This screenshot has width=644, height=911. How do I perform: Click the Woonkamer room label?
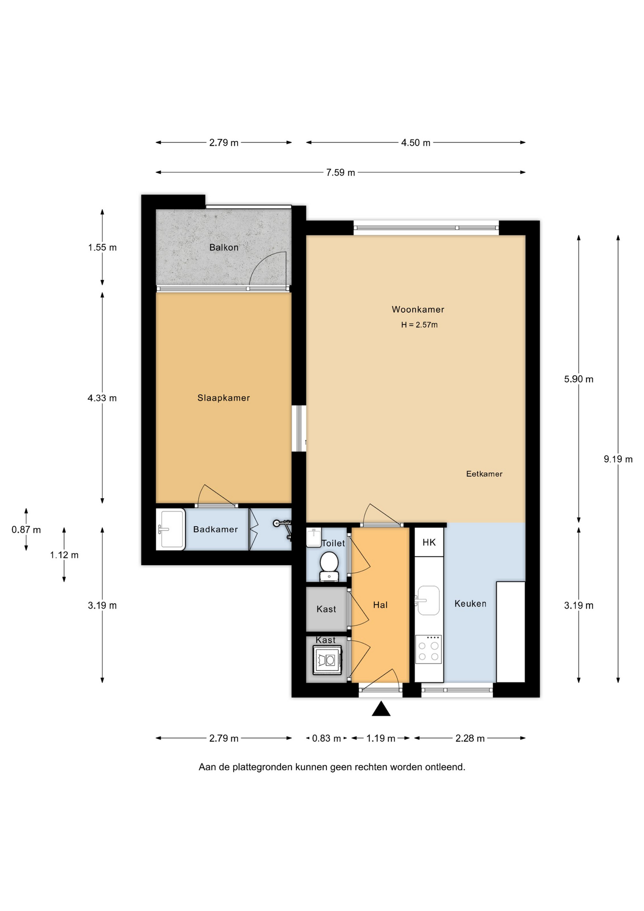point(418,309)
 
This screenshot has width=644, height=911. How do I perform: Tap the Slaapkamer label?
point(223,398)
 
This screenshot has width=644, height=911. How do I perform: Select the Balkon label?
point(224,247)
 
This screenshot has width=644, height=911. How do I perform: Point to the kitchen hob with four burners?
point(428,649)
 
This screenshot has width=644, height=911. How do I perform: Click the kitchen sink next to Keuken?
point(428,600)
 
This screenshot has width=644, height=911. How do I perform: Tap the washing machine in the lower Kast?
point(327,660)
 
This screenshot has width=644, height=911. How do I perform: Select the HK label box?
point(429,542)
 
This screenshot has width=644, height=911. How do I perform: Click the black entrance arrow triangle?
point(381,708)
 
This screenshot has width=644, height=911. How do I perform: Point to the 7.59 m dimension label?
point(340,172)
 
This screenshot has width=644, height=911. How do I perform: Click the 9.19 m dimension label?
point(618,459)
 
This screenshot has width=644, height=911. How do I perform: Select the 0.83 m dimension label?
point(326,738)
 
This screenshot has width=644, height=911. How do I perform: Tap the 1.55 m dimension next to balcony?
point(102,247)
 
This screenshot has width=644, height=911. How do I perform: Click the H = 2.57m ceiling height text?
point(419,325)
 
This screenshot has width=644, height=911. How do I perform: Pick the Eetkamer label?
point(484,474)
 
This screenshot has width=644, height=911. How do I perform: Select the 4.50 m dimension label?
point(416,142)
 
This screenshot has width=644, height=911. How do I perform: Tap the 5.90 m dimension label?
point(579,379)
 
